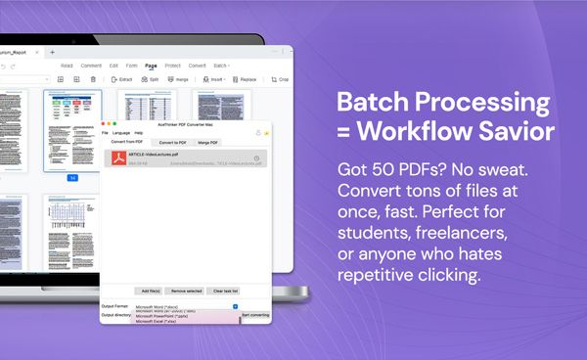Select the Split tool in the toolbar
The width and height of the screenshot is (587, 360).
coord(153,79)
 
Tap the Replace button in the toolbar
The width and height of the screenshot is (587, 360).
coord(247,79)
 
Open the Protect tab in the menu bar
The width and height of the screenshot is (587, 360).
coord(173,66)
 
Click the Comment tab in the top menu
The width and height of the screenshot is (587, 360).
coord(91,66)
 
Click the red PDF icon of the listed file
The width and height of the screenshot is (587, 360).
coord(117,159)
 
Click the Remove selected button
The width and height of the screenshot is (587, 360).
coord(187,292)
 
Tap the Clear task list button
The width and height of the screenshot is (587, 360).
coord(226,292)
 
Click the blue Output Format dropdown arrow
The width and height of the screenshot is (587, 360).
coord(236,306)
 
